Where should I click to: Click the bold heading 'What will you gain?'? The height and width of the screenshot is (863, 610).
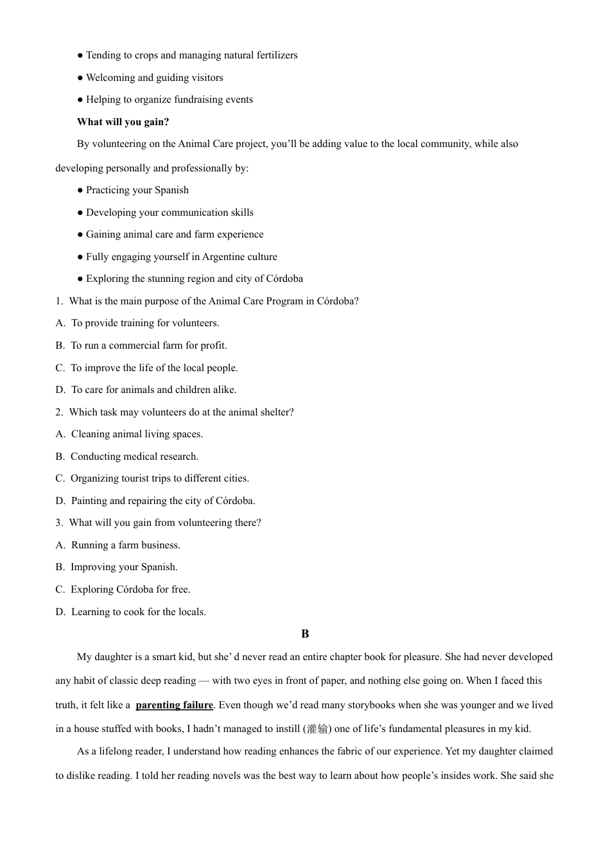click(x=123, y=122)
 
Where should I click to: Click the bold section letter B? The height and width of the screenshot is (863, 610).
click(x=305, y=634)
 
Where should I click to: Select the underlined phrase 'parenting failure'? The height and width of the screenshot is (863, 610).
click(x=174, y=705)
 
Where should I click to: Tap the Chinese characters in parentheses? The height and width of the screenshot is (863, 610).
click(x=317, y=729)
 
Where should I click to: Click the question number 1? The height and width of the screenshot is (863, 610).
click(x=58, y=301)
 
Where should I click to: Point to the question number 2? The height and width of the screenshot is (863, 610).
click(x=58, y=412)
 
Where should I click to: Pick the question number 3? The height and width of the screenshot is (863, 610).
click(x=58, y=523)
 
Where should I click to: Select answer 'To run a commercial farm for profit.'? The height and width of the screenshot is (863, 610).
click(x=148, y=345)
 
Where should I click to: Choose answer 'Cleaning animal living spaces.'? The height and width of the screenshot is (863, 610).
click(x=137, y=434)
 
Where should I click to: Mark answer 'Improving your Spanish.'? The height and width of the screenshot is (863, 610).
click(x=124, y=567)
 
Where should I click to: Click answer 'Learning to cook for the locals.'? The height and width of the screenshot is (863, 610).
click(x=138, y=612)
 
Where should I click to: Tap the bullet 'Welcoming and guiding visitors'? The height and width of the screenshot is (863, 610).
click(x=154, y=78)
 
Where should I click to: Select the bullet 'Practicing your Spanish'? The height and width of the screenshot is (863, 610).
click(x=137, y=190)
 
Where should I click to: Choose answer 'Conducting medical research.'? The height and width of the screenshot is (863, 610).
click(x=134, y=457)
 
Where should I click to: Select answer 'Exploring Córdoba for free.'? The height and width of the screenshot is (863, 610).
click(x=130, y=589)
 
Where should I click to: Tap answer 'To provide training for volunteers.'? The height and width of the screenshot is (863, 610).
click(x=144, y=323)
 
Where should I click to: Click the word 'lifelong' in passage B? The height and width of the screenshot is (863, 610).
click(x=119, y=751)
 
